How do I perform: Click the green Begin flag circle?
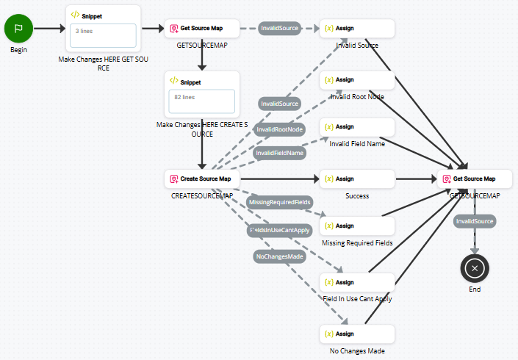coord(19,29)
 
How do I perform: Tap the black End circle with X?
coord(475,268)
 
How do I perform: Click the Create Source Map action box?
coord(201,179)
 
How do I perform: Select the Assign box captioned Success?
coord(357,179)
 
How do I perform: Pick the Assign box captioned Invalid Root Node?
coord(357,79)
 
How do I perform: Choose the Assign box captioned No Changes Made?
coord(357,334)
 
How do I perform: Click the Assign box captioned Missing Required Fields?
coord(357,226)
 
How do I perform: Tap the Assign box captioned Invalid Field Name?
coord(357,126)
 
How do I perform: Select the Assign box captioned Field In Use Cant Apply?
coord(357,282)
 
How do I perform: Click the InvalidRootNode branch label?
coord(279,129)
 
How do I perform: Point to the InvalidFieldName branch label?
coord(279,153)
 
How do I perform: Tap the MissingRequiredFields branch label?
coord(280,202)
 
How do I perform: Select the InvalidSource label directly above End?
coord(475,220)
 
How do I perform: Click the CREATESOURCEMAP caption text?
coord(201,196)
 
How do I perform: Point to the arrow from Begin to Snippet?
coord(49,29)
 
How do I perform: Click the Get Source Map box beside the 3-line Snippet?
coord(201,29)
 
